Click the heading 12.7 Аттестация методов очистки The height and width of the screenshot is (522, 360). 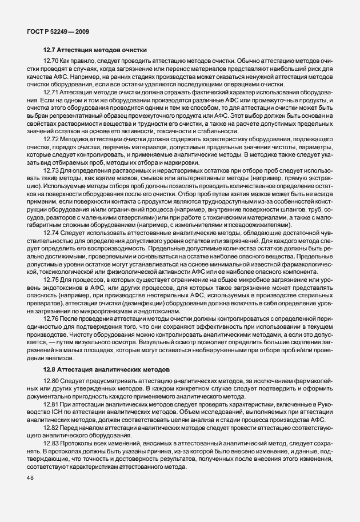95,50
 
